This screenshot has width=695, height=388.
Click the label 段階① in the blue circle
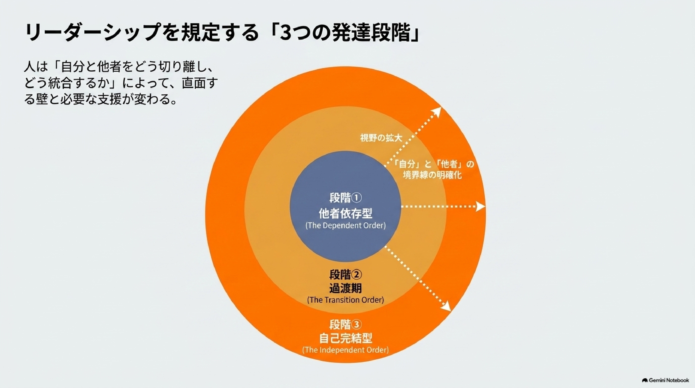click(x=345, y=198)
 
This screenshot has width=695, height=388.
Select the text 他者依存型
click(x=345, y=213)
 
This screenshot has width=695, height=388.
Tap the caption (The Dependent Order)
click(x=345, y=226)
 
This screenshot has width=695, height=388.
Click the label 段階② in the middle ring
click(x=345, y=275)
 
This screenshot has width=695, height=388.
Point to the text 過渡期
click(x=345, y=288)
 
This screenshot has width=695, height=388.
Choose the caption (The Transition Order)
click(x=345, y=300)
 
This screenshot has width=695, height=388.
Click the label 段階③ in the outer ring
click(x=345, y=325)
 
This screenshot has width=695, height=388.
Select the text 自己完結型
click(x=345, y=338)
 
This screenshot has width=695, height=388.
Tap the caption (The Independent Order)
click(x=345, y=350)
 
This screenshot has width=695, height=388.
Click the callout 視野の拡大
click(x=381, y=138)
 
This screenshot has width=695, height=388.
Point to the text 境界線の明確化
click(x=432, y=175)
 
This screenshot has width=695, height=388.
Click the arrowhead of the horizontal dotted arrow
click(x=480, y=207)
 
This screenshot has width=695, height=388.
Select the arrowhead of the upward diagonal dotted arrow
click(x=436, y=112)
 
